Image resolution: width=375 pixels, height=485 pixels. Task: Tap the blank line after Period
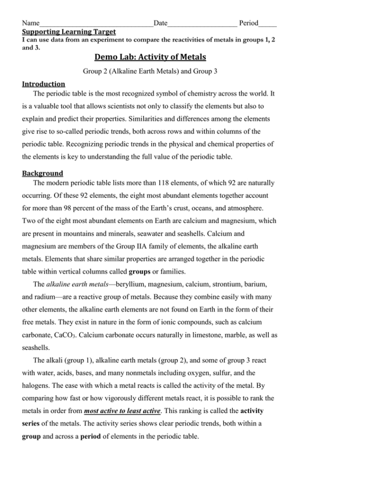click(x=268, y=23)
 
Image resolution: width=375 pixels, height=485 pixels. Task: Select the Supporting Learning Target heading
click(x=69, y=32)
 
